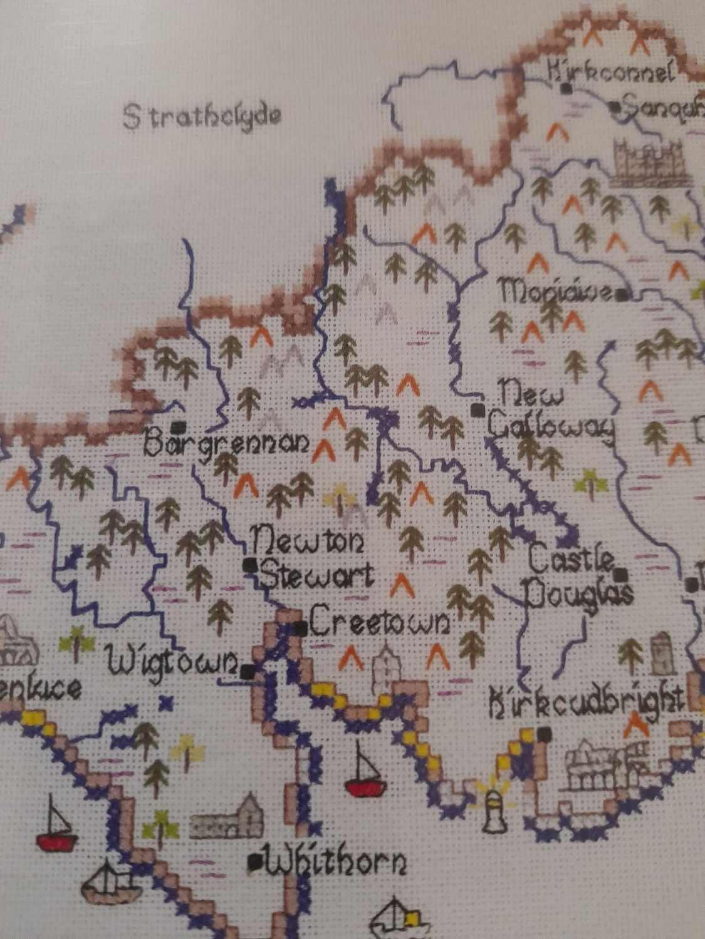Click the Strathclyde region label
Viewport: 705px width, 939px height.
(202, 116)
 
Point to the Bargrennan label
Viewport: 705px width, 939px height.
(226, 444)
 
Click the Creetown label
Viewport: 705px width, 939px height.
(380, 622)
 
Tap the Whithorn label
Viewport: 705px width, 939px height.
(336, 865)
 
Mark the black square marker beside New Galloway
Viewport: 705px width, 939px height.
(478, 410)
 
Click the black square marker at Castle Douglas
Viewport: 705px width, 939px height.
(621, 573)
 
